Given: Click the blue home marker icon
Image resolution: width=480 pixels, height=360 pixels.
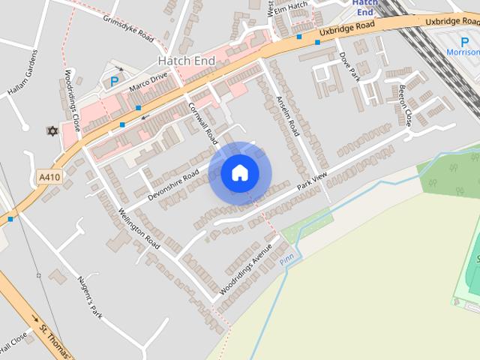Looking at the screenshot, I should [x=239, y=172].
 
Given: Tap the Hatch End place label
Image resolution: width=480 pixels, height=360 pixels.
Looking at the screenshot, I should [x=187, y=59].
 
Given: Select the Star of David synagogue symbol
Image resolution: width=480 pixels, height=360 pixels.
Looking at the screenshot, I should [x=52, y=131].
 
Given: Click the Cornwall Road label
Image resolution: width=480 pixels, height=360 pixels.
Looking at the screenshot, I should [x=202, y=123].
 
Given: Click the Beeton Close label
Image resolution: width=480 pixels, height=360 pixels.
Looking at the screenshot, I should [x=406, y=109].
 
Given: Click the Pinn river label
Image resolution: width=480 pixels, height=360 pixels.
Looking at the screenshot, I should [x=285, y=259].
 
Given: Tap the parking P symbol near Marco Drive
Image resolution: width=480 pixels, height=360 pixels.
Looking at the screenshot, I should [x=114, y=81].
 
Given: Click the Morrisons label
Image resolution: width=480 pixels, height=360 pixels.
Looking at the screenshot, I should [x=462, y=52].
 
